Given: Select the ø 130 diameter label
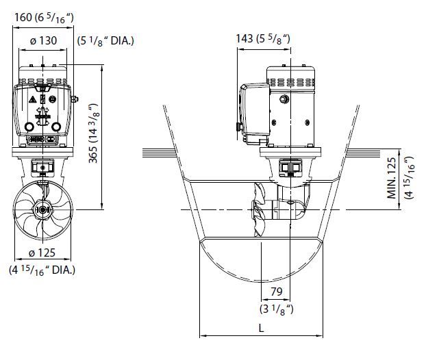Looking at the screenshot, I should point(43,40).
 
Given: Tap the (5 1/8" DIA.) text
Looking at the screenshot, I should point(105,40).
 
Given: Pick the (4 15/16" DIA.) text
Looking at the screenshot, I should point(42,269).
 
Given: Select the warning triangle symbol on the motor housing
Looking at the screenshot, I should point(32,100).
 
